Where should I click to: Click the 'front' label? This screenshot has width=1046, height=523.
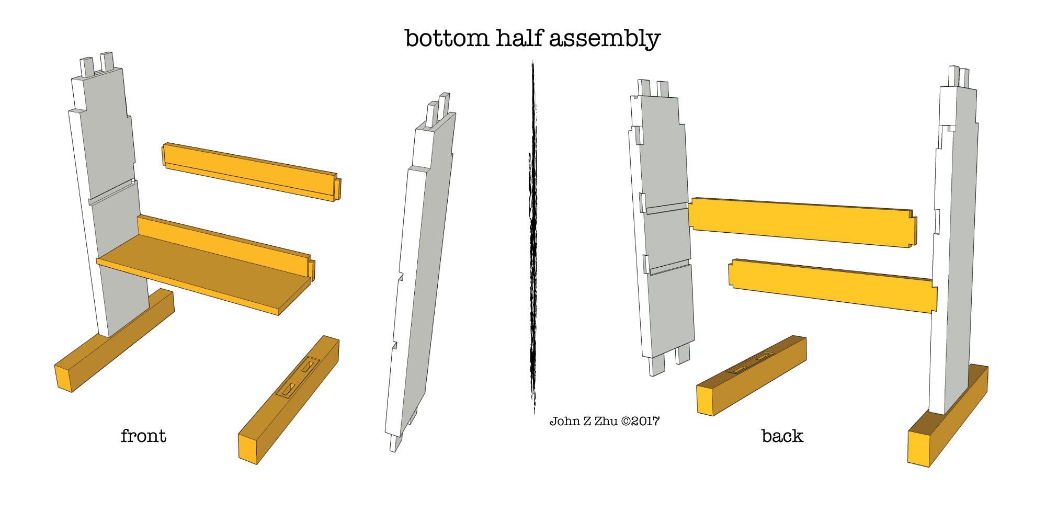point(143,436)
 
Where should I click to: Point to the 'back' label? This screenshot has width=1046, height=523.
point(782,436)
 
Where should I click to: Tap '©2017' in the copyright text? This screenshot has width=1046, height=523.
point(640,421)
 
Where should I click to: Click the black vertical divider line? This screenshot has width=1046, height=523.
point(533,238)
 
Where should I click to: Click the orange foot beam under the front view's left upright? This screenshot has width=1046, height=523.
point(114,340)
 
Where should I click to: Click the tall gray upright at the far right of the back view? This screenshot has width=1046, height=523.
point(953,241)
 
